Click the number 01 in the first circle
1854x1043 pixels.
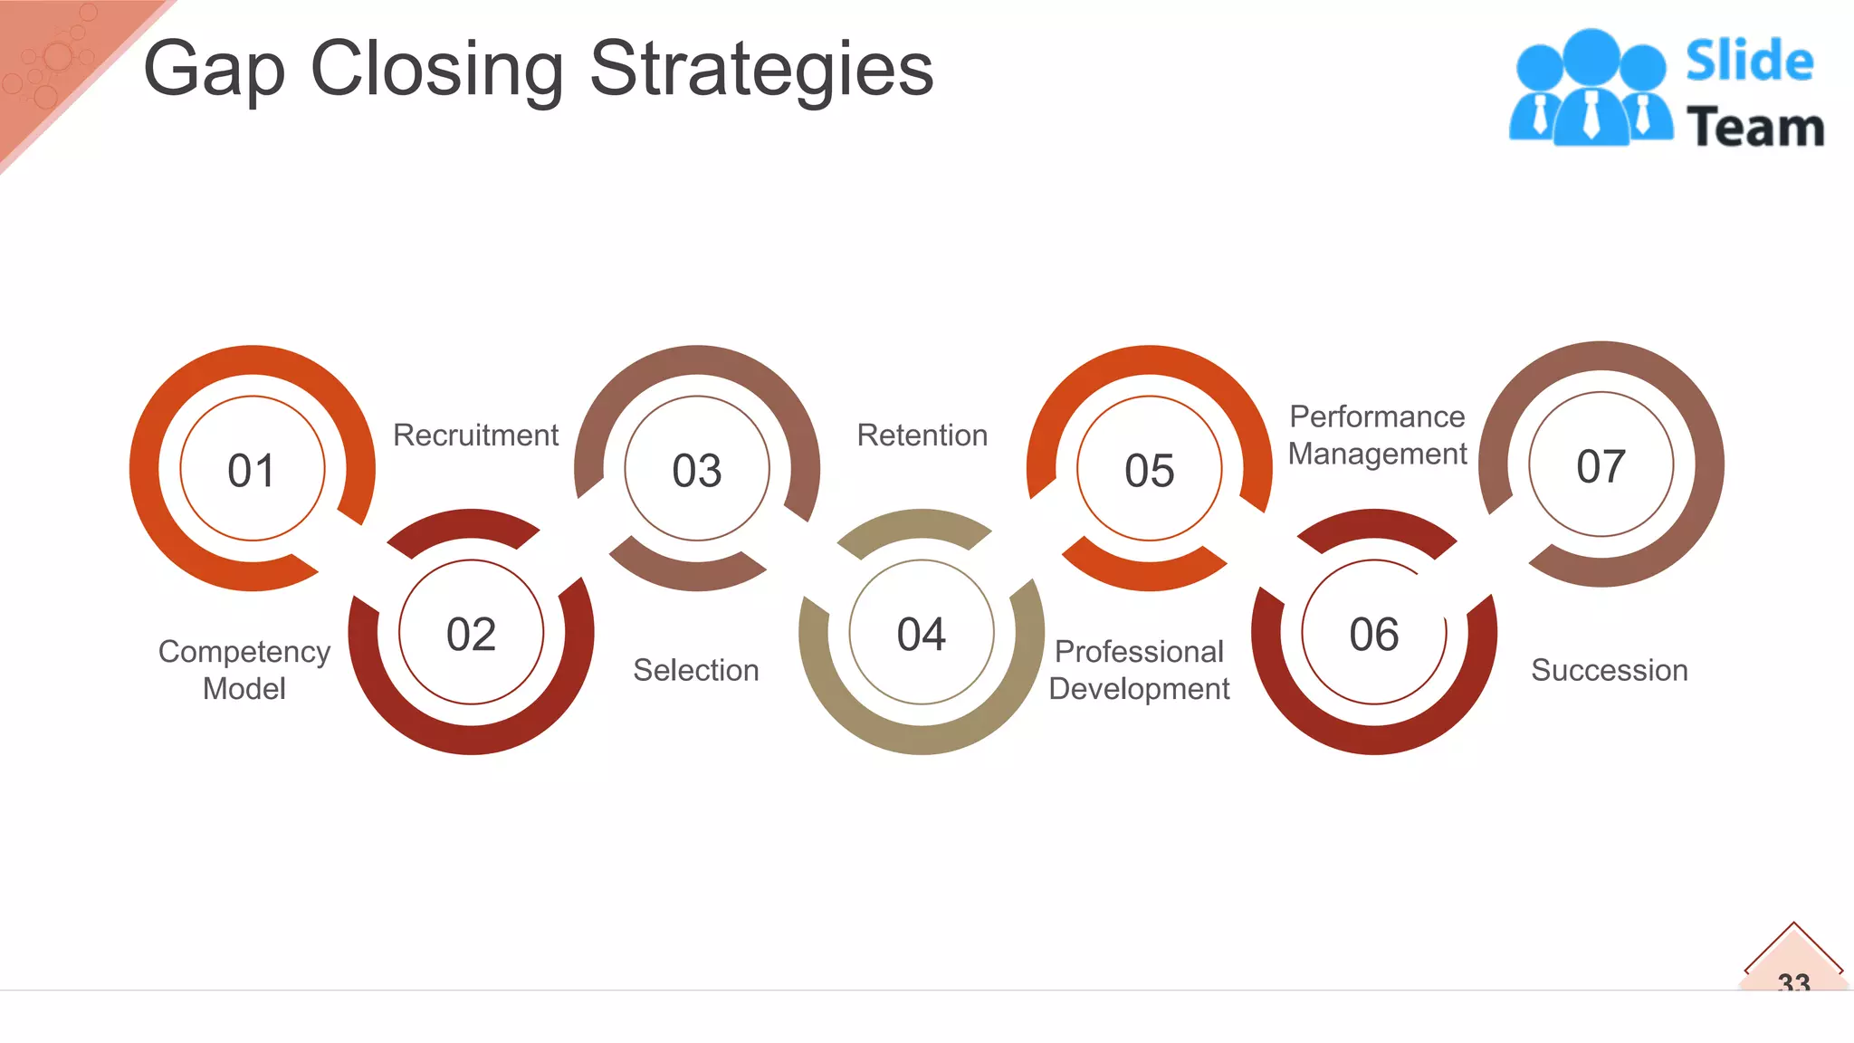(x=252, y=471)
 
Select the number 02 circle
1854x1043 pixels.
(x=471, y=634)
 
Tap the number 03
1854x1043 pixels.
(x=697, y=471)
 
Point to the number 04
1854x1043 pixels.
(x=922, y=634)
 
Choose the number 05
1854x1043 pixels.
(x=1150, y=471)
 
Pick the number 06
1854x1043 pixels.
(x=1374, y=634)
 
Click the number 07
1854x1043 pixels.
(x=1601, y=466)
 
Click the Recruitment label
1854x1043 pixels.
(x=475, y=435)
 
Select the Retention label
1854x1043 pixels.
(x=922, y=435)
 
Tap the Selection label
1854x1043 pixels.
(x=695, y=670)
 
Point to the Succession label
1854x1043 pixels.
(x=1609, y=670)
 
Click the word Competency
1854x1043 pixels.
(x=244, y=652)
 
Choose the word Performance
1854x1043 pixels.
(x=1377, y=416)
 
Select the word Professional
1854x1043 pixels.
(x=1139, y=652)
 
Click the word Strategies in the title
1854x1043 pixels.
(x=760, y=71)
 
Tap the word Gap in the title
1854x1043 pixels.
(x=215, y=71)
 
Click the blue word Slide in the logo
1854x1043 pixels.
(x=1749, y=62)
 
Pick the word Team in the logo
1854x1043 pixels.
(x=1754, y=127)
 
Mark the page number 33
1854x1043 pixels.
(x=1793, y=981)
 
